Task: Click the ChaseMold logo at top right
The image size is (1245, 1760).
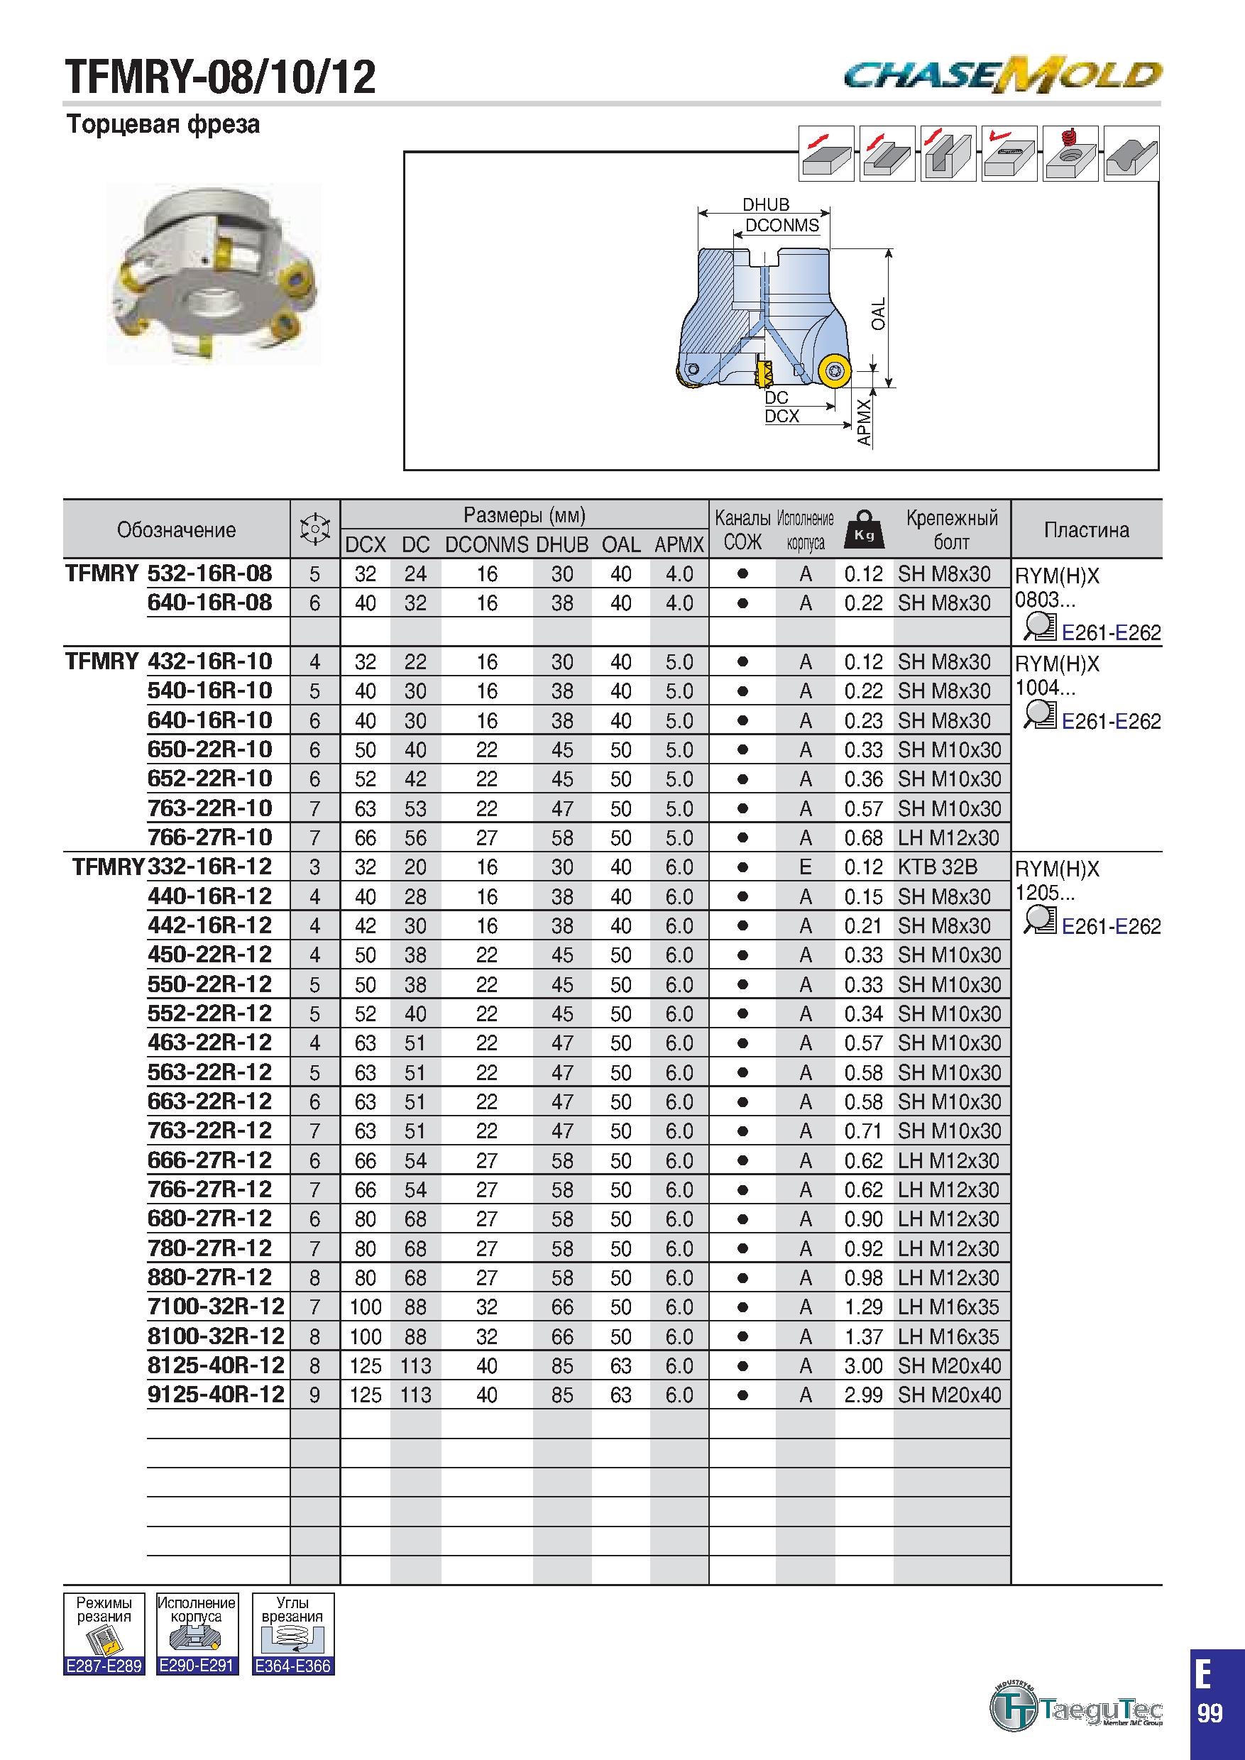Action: coord(1003,75)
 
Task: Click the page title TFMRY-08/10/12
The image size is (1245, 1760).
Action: coord(221,77)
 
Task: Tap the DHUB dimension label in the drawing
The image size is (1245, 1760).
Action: coord(765,204)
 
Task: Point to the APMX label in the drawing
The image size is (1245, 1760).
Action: coord(864,422)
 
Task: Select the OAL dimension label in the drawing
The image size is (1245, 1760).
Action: coord(879,314)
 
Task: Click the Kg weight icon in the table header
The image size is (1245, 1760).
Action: coord(864,529)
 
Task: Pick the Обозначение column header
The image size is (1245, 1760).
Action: coord(176,529)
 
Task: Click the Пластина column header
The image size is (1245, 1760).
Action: coord(1086,529)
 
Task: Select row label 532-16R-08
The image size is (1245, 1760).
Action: coord(209,573)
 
